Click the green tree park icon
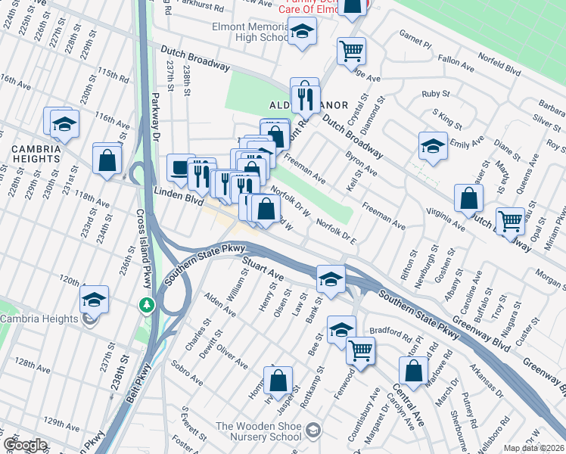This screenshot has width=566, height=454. pyautogui.click(x=147, y=305)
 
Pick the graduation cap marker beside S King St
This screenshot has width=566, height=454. pyautogui.click(x=432, y=145)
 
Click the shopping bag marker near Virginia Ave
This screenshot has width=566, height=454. pyautogui.click(x=469, y=197)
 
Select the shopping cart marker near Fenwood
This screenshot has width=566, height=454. pyautogui.click(x=361, y=350)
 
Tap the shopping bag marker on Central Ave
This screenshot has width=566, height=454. pyautogui.click(x=413, y=370)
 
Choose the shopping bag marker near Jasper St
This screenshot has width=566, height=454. pyautogui.click(x=278, y=380)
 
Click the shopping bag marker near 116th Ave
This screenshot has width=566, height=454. pyautogui.click(x=107, y=158)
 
